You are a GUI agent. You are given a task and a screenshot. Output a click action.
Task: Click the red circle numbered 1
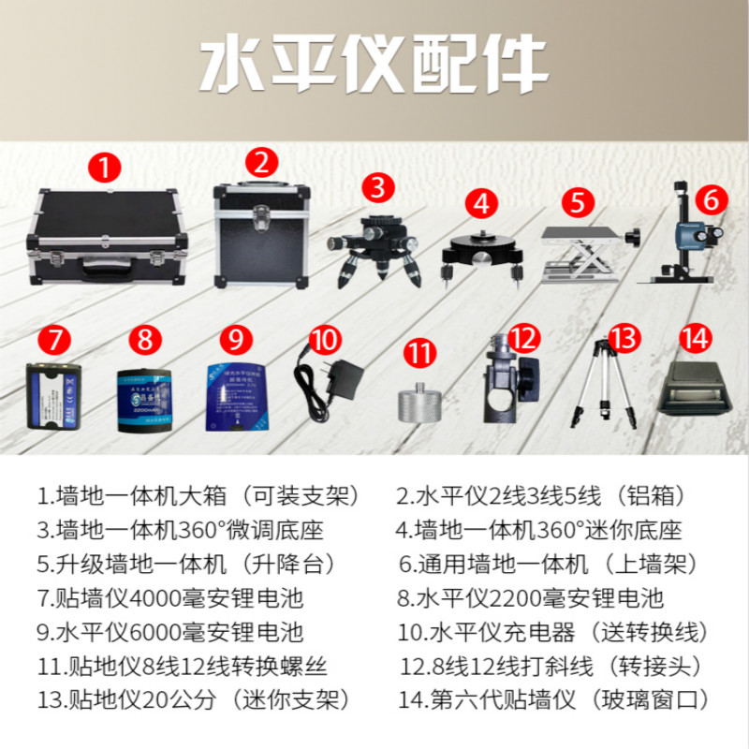[105, 168]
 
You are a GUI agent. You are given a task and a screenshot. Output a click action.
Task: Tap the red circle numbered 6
[711, 198]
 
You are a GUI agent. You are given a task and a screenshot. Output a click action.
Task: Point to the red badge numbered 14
[694, 336]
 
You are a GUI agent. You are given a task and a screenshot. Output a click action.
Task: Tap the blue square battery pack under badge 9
[237, 398]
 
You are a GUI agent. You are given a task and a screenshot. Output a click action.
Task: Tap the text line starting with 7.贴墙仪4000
[170, 597]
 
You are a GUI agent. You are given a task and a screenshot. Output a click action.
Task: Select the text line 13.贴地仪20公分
[193, 698]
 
